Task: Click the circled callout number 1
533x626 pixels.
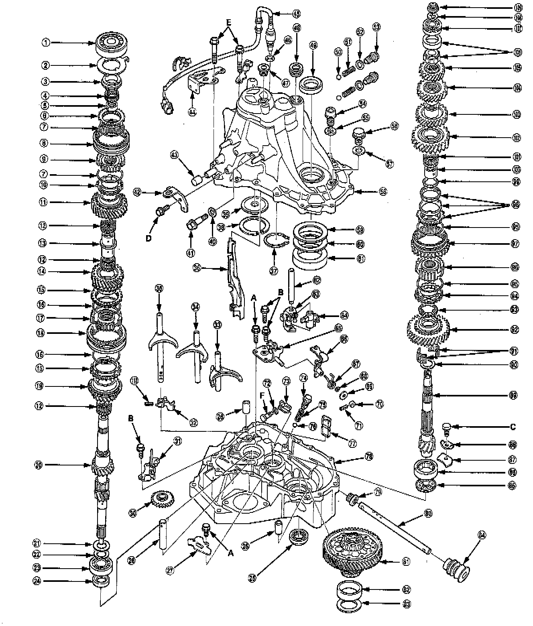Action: click(x=47, y=42)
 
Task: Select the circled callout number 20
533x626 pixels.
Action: click(x=39, y=465)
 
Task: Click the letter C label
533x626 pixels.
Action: click(x=513, y=427)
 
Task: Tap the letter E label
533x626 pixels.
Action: click(x=229, y=23)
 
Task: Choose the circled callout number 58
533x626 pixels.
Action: click(x=383, y=192)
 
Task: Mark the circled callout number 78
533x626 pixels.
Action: click(x=368, y=456)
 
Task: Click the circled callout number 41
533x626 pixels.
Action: click(x=190, y=253)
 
